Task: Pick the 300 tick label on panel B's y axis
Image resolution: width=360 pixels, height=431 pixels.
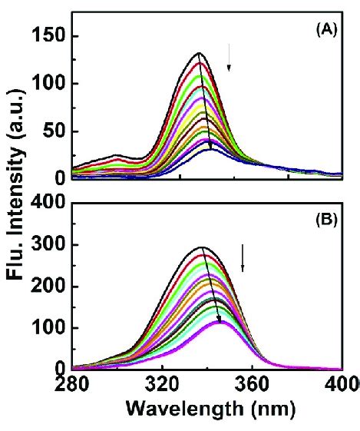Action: [46, 246]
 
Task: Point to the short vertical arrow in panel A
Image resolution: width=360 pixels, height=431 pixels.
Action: [228, 68]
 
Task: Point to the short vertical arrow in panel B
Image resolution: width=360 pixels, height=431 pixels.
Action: [243, 257]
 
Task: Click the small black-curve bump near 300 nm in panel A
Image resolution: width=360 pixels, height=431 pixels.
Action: [116, 155]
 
